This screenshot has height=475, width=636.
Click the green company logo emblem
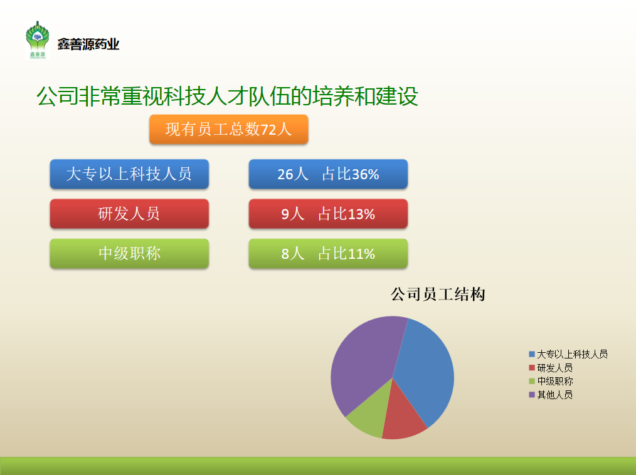click(x=37, y=39)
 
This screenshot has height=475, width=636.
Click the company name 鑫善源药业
click(x=88, y=44)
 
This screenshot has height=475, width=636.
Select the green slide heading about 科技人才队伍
click(x=227, y=96)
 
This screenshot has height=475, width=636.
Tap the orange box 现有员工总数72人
click(x=229, y=129)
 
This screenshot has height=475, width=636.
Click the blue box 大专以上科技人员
click(x=129, y=174)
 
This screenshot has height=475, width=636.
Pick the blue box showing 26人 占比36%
click(x=328, y=174)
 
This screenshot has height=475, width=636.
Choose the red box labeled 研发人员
click(x=129, y=214)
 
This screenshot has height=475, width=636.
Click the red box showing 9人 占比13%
click(x=328, y=214)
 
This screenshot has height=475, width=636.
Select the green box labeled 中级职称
click(x=129, y=253)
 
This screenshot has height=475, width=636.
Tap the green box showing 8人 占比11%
click(x=328, y=253)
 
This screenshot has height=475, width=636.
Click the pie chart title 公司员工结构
click(x=438, y=295)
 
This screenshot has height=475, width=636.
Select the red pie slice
click(x=403, y=417)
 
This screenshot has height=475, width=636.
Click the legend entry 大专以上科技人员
click(x=568, y=354)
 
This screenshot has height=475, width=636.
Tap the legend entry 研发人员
click(x=551, y=368)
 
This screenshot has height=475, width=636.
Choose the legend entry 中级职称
click(x=551, y=381)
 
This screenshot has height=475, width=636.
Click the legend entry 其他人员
click(x=551, y=394)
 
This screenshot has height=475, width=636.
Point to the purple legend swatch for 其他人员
click(x=532, y=394)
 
